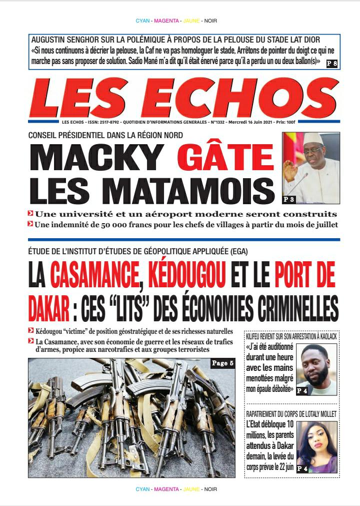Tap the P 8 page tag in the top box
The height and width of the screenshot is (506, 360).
[331, 63]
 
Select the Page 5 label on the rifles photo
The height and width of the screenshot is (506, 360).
[222, 364]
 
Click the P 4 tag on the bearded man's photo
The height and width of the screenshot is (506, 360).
[301, 391]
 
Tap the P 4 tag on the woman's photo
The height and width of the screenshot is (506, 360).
[302, 468]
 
